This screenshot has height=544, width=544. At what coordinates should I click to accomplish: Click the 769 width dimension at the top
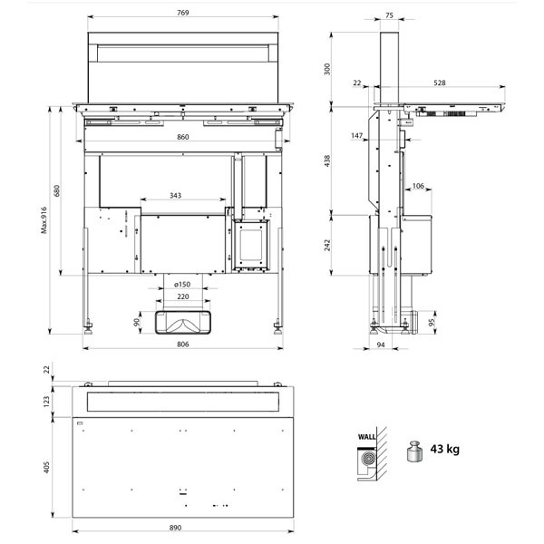(183, 13)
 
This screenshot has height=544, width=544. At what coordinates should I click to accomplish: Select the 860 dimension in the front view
(183, 137)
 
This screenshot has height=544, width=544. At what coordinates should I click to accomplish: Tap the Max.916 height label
(44, 220)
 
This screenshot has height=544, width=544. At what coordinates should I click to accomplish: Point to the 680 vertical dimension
(56, 190)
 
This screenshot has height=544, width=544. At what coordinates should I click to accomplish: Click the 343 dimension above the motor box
(176, 196)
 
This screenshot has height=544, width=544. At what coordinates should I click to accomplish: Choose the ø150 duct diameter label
(182, 285)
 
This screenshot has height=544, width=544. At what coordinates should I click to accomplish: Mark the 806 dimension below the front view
(183, 345)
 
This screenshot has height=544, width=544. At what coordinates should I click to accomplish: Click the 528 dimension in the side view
(440, 83)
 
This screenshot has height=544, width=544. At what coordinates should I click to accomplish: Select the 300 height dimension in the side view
(326, 69)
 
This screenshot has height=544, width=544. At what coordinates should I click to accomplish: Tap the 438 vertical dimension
(326, 161)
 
